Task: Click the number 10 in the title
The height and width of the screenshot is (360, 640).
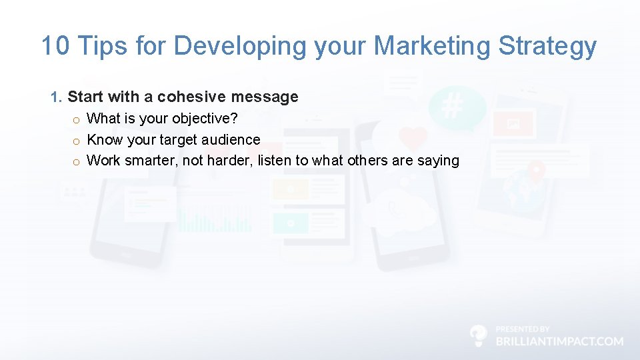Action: pyautogui.click(x=55, y=46)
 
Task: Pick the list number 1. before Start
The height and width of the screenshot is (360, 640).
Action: pyautogui.click(x=57, y=97)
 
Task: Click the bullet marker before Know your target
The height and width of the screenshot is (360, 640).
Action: pyautogui.click(x=77, y=140)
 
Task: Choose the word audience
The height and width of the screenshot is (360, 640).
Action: pyautogui.click(x=229, y=139)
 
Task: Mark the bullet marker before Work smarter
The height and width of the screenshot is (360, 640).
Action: pyautogui.click(x=77, y=161)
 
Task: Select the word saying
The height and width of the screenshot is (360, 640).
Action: pyautogui.click(x=438, y=161)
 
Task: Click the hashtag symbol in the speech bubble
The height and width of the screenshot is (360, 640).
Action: pyautogui.click(x=453, y=105)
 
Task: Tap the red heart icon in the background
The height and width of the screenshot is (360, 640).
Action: pyautogui.click(x=413, y=138)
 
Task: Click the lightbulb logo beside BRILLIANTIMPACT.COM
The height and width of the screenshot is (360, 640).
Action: pyautogui.click(x=478, y=335)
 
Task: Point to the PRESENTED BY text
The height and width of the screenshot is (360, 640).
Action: pyautogui.click(x=523, y=329)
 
